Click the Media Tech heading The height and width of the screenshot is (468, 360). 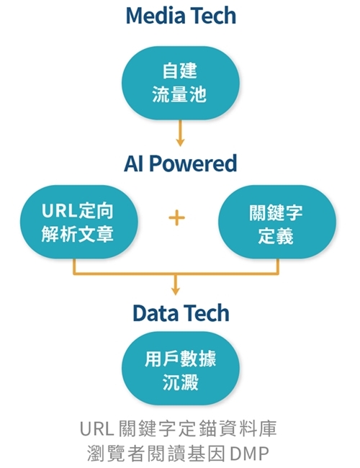tap(181, 16)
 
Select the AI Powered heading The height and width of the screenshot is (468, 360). tap(181, 163)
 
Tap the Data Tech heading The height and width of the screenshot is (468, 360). tap(181, 312)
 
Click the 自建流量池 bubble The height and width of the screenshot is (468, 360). tap(180, 83)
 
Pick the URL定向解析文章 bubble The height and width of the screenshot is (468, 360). tap(78, 222)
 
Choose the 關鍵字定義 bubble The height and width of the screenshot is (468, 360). tap(277, 222)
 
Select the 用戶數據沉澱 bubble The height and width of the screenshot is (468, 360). tap(180, 368)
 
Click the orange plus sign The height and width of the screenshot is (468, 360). tap(176, 217)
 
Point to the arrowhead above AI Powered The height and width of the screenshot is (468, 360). tap(180, 143)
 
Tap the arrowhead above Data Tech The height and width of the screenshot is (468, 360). tap(176, 291)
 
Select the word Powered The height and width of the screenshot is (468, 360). tap(193, 163)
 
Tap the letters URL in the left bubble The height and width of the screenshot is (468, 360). tap(60, 211)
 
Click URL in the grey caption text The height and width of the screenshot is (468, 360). tap(96, 428)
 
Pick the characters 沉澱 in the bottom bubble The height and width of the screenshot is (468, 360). tap(181, 382)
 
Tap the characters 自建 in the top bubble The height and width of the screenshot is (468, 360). tap(180, 71)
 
